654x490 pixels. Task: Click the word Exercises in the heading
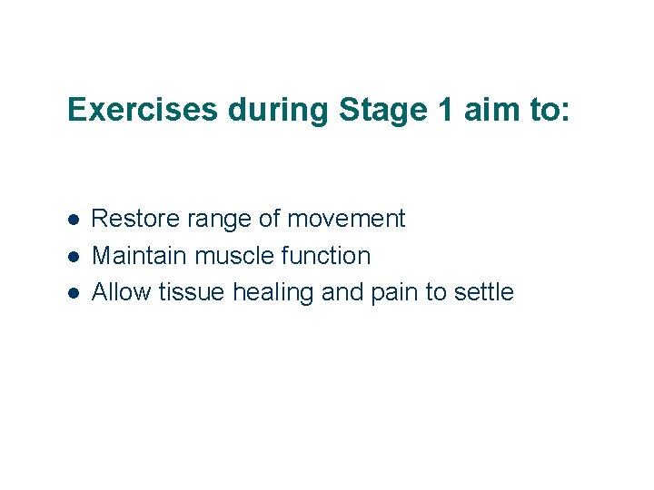pyautogui.click(x=143, y=111)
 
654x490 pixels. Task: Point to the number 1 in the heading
pyautogui.click(x=441, y=111)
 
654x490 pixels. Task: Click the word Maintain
pyautogui.click(x=136, y=256)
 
